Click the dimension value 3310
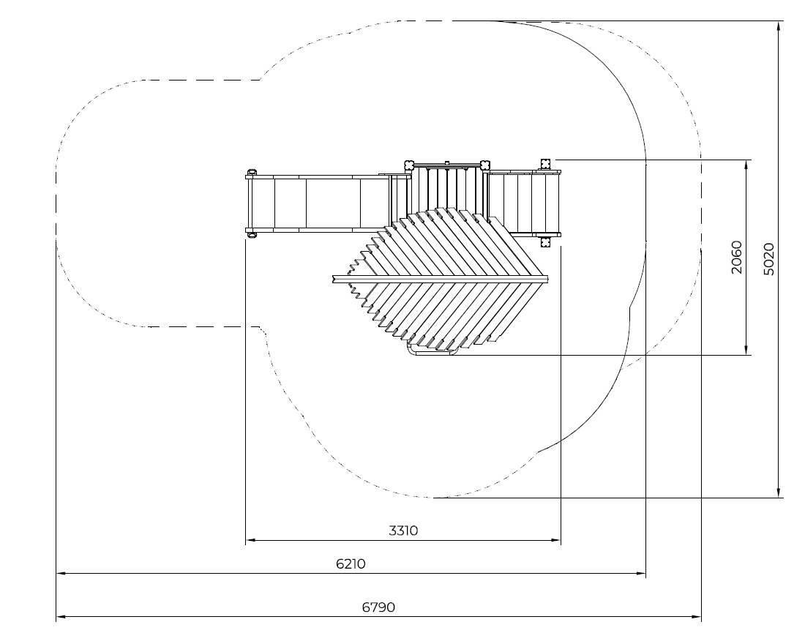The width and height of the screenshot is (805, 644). pyautogui.click(x=403, y=531)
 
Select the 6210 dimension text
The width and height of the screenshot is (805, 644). pyautogui.click(x=351, y=564)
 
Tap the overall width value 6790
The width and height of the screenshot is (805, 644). pyautogui.click(x=378, y=607)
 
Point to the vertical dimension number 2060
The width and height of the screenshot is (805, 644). pyautogui.click(x=737, y=257)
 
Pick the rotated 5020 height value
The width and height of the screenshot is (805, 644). pyautogui.click(x=768, y=259)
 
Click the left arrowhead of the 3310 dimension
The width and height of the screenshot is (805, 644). pyautogui.click(x=250, y=542)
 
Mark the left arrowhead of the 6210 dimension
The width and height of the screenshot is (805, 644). pyautogui.click(x=61, y=574)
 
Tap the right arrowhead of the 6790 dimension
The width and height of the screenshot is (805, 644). pyautogui.click(x=697, y=617)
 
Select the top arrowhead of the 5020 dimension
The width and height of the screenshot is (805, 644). pyautogui.click(x=778, y=26)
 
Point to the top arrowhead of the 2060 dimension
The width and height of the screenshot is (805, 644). pyautogui.click(x=746, y=164)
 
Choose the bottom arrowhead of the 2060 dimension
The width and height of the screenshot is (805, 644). pyautogui.click(x=746, y=351)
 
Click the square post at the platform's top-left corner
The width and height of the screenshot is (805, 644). pyautogui.click(x=408, y=164)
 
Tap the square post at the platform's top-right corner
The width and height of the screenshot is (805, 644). pyautogui.click(x=484, y=164)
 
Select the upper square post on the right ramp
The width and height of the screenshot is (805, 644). pyautogui.click(x=545, y=163)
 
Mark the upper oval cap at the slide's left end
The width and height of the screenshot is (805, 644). pyautogui.click(x=251, y=173)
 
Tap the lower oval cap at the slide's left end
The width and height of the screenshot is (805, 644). pyautogui.click(x=251, y=233)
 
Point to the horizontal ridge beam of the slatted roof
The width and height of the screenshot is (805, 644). pyautogui.click(x=439, y=278)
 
